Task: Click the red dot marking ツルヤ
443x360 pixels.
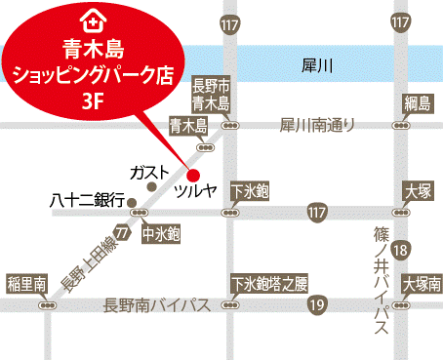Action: [192, 174]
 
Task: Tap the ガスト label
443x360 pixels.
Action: [148, 172]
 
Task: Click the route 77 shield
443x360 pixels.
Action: [121, 235]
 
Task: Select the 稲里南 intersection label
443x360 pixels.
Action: [26, 284]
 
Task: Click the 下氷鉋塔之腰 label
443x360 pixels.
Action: [269, 284]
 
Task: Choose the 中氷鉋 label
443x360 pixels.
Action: [161, 234]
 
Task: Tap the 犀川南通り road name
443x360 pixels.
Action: [317, 125]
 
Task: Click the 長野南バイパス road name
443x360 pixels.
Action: [157, 306]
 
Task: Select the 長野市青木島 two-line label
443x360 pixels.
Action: [211, 95]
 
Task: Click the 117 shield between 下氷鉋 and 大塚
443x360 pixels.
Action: [315, 212]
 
